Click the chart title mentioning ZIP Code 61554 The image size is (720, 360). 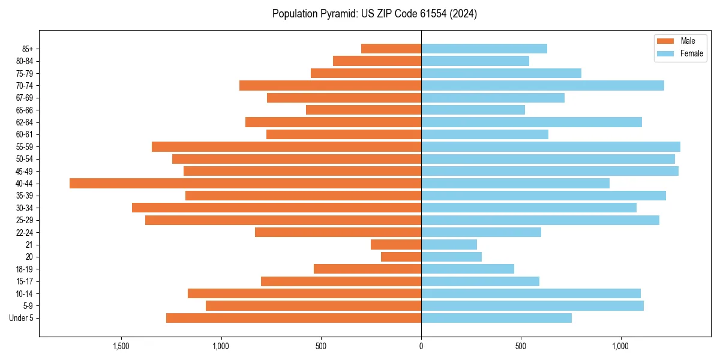[x=374, y=14]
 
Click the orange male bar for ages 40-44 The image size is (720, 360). [x=245, y=183]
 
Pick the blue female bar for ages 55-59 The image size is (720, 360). [x=550, y=146]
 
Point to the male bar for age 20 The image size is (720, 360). [x=401, y=257]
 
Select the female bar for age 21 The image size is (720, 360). [x=449, y=244]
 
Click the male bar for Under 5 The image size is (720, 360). [x=293, y=318]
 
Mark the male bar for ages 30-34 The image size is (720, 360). [x=277, y=208]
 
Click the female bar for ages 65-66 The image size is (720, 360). [x=473, y=110]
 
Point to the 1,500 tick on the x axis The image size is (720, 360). [x=121, y=346]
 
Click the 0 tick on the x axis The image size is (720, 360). [x=421, y=346]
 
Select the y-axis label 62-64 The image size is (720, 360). [x=25, y=122]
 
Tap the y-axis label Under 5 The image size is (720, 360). [x=21, y=318]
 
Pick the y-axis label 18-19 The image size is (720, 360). [x=25, y=269]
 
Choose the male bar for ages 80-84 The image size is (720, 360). [x=377, y=61]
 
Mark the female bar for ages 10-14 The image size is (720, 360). [x=530, y=293]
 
